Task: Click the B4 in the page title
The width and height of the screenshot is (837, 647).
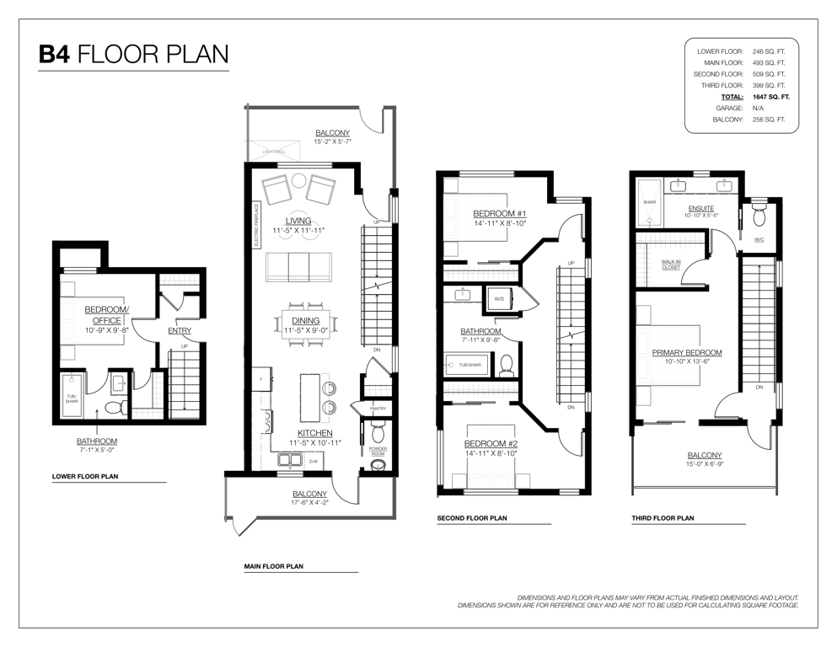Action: pos(54,55)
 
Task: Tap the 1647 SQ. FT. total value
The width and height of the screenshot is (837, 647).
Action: pos(770,97)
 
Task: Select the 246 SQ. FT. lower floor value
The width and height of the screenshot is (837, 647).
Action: pos(769,51)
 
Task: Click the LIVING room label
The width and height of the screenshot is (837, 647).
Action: pos(298,221)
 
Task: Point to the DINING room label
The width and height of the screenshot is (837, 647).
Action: pos(305,321)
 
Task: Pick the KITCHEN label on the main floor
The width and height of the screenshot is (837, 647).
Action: pos(315,433)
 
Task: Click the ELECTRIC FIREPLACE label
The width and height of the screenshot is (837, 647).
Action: pos(256,225)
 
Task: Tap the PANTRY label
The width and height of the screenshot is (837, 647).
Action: pos(378,409)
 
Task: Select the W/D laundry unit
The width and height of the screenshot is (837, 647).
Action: pos(499,299)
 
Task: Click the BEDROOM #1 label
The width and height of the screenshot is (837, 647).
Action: pos(500,213)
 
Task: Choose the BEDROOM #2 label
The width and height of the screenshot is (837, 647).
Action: pos(491,444)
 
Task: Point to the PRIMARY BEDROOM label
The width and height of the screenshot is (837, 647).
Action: pos(687,353)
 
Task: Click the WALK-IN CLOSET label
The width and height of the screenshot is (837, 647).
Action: pos(671,265)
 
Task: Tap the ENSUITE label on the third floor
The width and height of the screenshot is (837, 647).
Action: pos(701,209)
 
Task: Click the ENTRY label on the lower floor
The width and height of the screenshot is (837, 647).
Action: pos(180,331)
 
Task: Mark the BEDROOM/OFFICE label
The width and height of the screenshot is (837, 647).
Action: pos(107,315)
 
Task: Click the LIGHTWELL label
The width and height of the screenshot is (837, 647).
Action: pos(274,152)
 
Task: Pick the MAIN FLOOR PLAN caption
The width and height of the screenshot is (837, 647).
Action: pos(273,566)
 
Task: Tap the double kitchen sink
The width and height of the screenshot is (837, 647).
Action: pos(291,460)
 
